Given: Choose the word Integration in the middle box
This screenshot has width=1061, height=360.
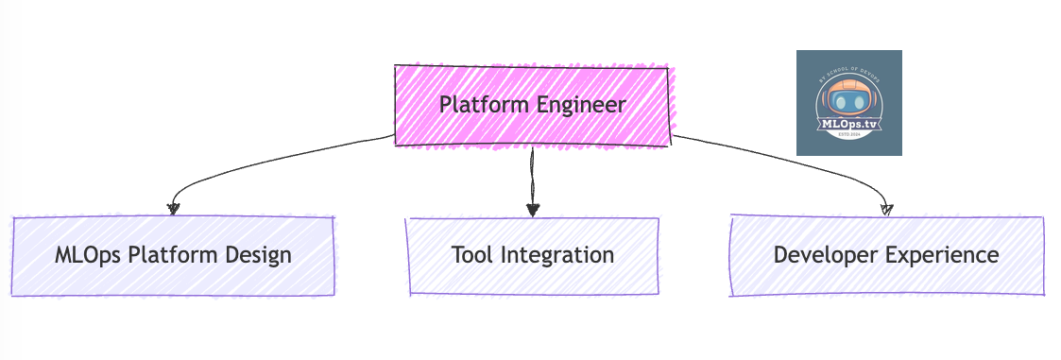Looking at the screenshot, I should click(556, 255).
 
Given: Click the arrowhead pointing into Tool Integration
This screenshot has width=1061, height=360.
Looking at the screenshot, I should click(532, 210).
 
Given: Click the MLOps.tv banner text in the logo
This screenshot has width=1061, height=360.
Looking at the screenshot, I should click(848, 121).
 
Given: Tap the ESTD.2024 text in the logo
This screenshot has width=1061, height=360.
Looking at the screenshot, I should click(848, 134).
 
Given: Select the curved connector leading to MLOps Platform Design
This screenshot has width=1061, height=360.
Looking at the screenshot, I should click(265, 165).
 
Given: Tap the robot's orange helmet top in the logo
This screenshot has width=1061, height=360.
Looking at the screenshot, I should click(848, 84).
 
